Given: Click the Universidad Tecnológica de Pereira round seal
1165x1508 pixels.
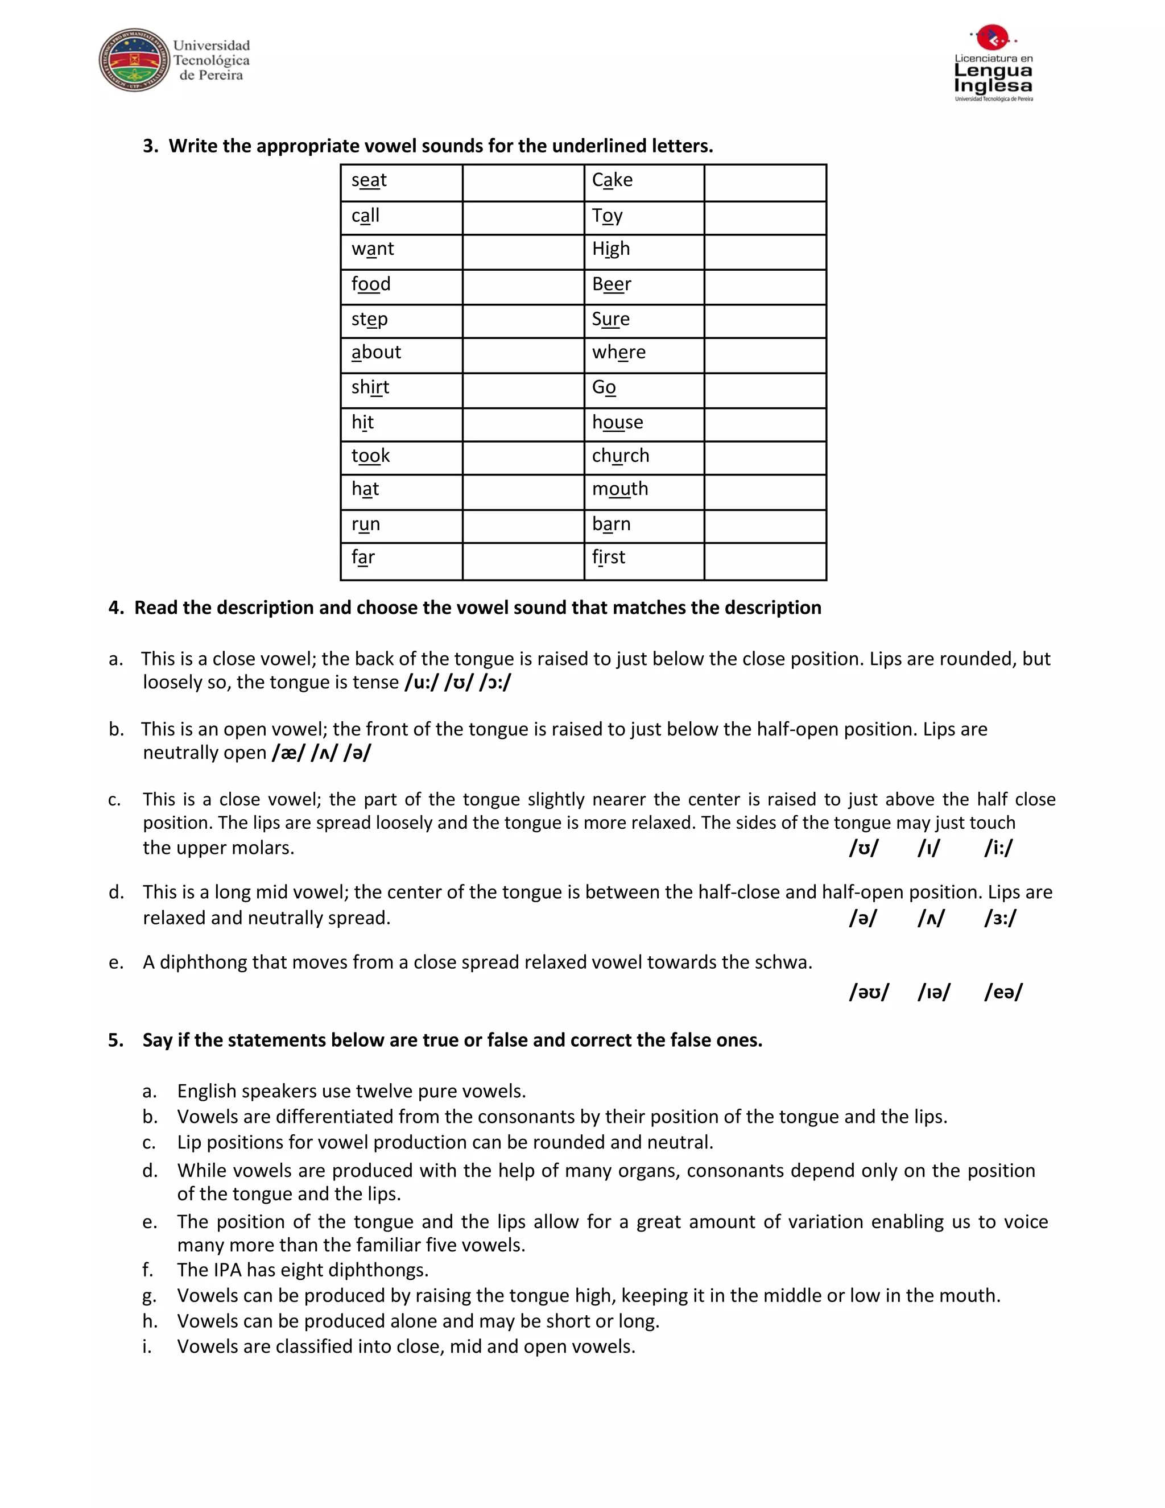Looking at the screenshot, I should tap(134, 61).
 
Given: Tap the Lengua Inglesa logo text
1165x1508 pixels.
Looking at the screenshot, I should tap(993, 77).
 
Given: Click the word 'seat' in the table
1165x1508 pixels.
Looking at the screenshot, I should tap(369, 180).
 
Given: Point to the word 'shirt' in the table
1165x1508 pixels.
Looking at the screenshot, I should tap(370, 387).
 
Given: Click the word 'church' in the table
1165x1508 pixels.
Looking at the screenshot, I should tap(620, 456).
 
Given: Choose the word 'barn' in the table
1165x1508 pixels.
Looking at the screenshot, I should tap(611, 524).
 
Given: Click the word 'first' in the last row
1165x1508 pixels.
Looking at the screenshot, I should tap(609, 557).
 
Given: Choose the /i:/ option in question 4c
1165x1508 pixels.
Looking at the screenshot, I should tap(998, 848).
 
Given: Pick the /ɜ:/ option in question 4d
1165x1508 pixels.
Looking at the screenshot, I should tap(1000, 918).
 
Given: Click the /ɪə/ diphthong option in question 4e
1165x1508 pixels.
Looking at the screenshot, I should tap(933, 992).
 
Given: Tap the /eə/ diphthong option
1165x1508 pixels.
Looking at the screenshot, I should tap(1003, 992).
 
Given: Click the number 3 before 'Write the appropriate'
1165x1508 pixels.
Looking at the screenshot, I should tap(149, 146).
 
